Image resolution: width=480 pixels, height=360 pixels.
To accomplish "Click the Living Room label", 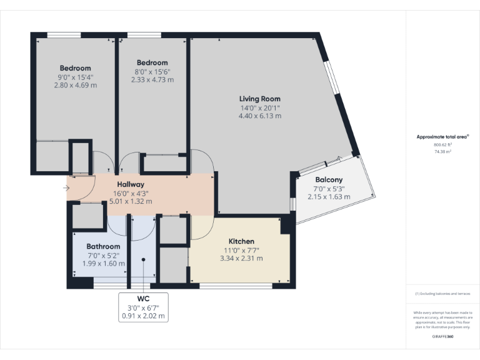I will click(260, 99).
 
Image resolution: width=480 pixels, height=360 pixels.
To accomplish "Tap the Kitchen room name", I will click(241, 241).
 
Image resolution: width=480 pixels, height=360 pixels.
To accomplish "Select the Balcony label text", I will click(329, 180).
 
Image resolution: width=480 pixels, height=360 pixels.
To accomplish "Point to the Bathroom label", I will click(103, 247).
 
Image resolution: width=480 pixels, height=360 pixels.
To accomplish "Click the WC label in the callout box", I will click(144, 298).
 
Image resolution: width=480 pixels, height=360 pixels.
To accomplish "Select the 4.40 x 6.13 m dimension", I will click(260, 116).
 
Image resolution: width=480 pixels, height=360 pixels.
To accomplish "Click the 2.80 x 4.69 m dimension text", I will click(75, 86).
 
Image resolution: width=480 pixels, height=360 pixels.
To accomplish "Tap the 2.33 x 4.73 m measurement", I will click(152, 79).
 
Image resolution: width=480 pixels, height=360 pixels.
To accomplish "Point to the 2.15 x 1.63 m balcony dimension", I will click(329, 197).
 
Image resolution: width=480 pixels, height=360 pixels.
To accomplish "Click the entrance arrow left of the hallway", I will click(66, 187).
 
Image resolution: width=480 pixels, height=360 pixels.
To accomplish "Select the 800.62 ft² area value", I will click(442, 144).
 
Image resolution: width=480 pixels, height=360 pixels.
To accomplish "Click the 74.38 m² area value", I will click(442, 151).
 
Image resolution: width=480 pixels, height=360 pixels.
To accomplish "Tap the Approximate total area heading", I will click(442, 136).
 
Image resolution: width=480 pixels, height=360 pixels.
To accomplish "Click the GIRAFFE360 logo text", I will click(442, 337).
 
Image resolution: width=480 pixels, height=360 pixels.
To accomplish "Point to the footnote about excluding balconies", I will click(442, 294).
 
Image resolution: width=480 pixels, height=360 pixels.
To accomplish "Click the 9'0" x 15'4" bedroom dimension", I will click(75, 77).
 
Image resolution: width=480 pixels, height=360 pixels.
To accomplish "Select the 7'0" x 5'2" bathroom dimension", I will click(103, 256).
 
